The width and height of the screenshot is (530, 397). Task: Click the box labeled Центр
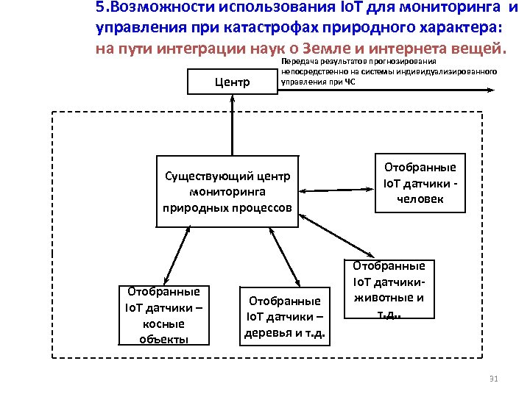[232, 82]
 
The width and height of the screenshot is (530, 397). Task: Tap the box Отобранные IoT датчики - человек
[420, 183]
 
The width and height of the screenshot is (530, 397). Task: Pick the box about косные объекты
[164, 315]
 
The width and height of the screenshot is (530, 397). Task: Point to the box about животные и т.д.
[389, 290]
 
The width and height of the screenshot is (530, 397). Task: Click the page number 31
[494, 379]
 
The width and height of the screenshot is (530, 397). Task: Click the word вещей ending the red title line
[481, 51]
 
